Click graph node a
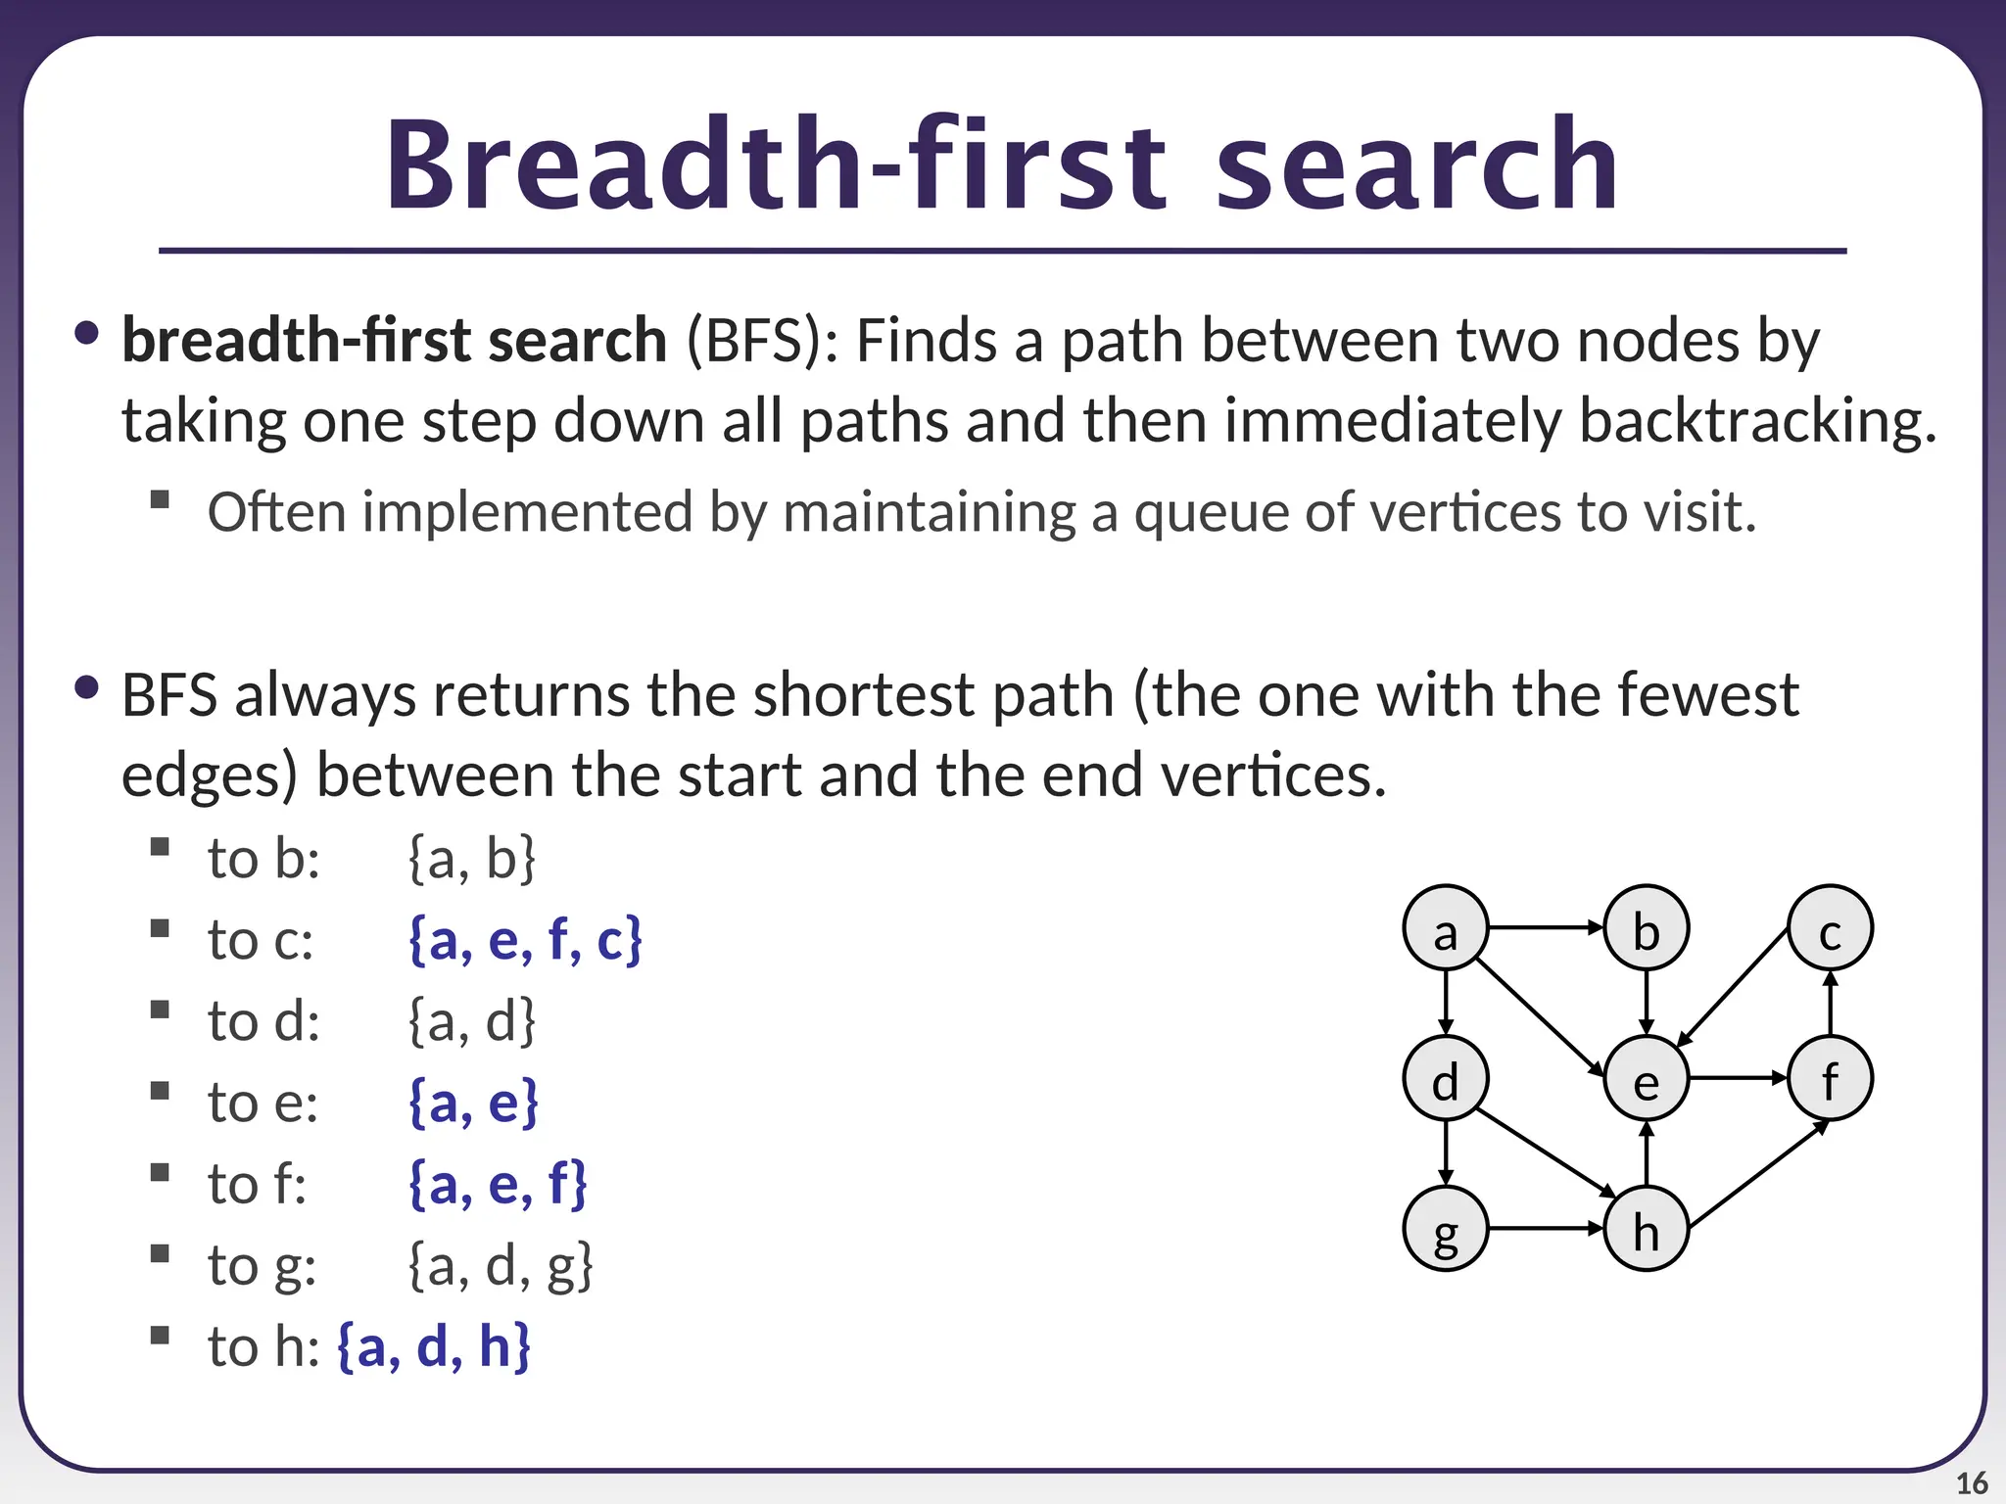point(1445,928)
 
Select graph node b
point(1646,928)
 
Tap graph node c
point(1830,928)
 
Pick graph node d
point(1445,1078)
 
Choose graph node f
point(1830,1078)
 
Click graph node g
point(1445,1229)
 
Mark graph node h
point(1646,1229)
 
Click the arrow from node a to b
point(1546,927)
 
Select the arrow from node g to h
point(1546,1228)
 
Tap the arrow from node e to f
point(1738,1078)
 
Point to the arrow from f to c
point(1831,1004)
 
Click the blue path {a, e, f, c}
point(525,940)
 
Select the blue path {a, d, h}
point(434,1346)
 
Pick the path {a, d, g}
point(501,1265)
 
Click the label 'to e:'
point(263,1103)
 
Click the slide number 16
point(1972,1483)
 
